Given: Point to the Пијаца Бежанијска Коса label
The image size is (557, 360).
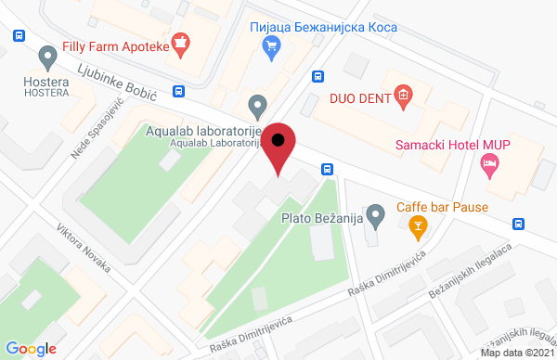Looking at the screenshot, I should [x=324, y=27].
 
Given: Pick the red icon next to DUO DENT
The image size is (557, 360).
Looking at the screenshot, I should [x=402, y=94].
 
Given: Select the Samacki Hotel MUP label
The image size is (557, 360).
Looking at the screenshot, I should [x=455, y=145].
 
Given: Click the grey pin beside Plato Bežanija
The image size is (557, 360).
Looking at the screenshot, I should [x=375, y=218].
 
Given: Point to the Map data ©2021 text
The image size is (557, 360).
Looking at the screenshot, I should [x=518, y=353].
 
